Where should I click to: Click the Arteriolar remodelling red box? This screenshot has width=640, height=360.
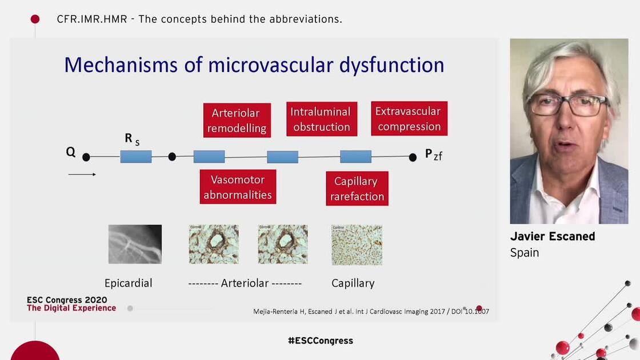coord(237,120)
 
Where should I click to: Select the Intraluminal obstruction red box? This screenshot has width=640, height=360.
coord(321,119)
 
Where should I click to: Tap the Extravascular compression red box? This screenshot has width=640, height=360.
coord(409,118)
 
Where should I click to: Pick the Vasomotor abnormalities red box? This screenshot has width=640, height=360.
coord(238,187)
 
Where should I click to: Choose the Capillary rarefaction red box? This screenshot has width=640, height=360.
coord(357,189)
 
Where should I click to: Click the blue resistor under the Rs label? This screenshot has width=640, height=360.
coord(136,157)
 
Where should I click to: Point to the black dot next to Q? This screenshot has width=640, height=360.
coord(86,157)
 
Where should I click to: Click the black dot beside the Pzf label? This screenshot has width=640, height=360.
coord(413,157)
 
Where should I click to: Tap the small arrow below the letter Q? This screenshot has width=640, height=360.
coord(82,174)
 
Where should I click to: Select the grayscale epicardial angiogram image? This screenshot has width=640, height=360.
coord(135,244)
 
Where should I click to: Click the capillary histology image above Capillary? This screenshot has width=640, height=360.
coord(357,245)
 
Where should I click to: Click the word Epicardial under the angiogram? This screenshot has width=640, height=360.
coord(129,283)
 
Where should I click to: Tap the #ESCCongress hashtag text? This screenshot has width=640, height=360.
coord(320,341)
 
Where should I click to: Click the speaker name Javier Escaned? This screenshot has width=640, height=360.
coord(552,237)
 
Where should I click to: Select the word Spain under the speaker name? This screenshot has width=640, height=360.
coord(525,253)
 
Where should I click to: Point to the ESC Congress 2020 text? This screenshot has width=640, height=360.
coord(66,300)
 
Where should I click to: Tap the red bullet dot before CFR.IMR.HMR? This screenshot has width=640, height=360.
coord(35,19)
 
